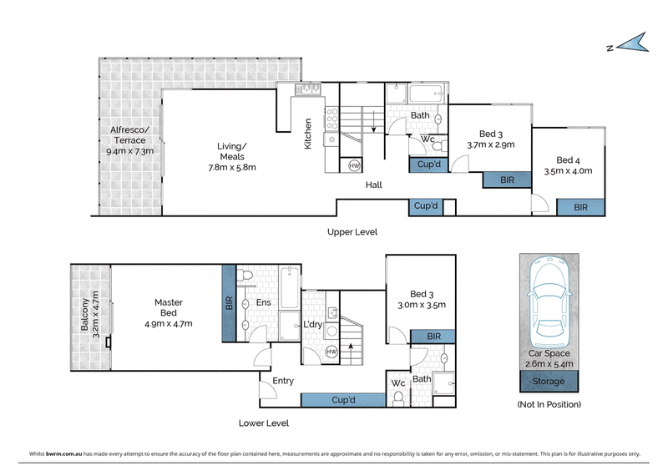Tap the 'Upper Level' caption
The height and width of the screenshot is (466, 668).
click(x=352, y=232)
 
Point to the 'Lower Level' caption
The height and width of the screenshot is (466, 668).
click(x=264, y=423)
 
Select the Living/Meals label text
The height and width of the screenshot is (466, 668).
click(x=232, y=151)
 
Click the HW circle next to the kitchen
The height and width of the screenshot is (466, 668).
click(x=354, y=165)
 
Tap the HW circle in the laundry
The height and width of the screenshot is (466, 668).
click(x=331, y=352)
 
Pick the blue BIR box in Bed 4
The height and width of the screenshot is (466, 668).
click(x=580, y=207)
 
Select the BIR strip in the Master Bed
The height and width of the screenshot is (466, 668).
click(x=229, y=303)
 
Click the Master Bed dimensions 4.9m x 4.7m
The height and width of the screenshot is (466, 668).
click(x=169, y=324)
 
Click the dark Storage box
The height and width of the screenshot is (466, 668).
click(x=549, y=381)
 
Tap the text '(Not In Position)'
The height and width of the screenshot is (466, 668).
click(x=549, y=404)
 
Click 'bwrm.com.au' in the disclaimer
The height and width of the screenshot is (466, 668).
click(x=64, y=453)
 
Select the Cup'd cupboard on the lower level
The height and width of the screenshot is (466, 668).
click(x=343, y=400)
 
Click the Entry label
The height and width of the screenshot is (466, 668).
click(x=283, y=381)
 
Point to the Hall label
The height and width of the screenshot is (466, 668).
click(x=373, y=185)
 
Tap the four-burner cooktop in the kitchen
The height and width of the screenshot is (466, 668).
click(x=331, y=119)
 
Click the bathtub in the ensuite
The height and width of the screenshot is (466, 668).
click(x=290, y=287)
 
